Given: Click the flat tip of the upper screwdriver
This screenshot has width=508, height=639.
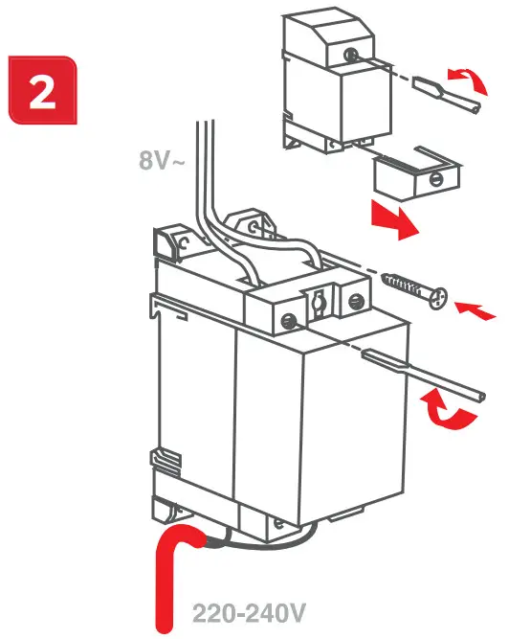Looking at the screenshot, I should coord(425,88).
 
